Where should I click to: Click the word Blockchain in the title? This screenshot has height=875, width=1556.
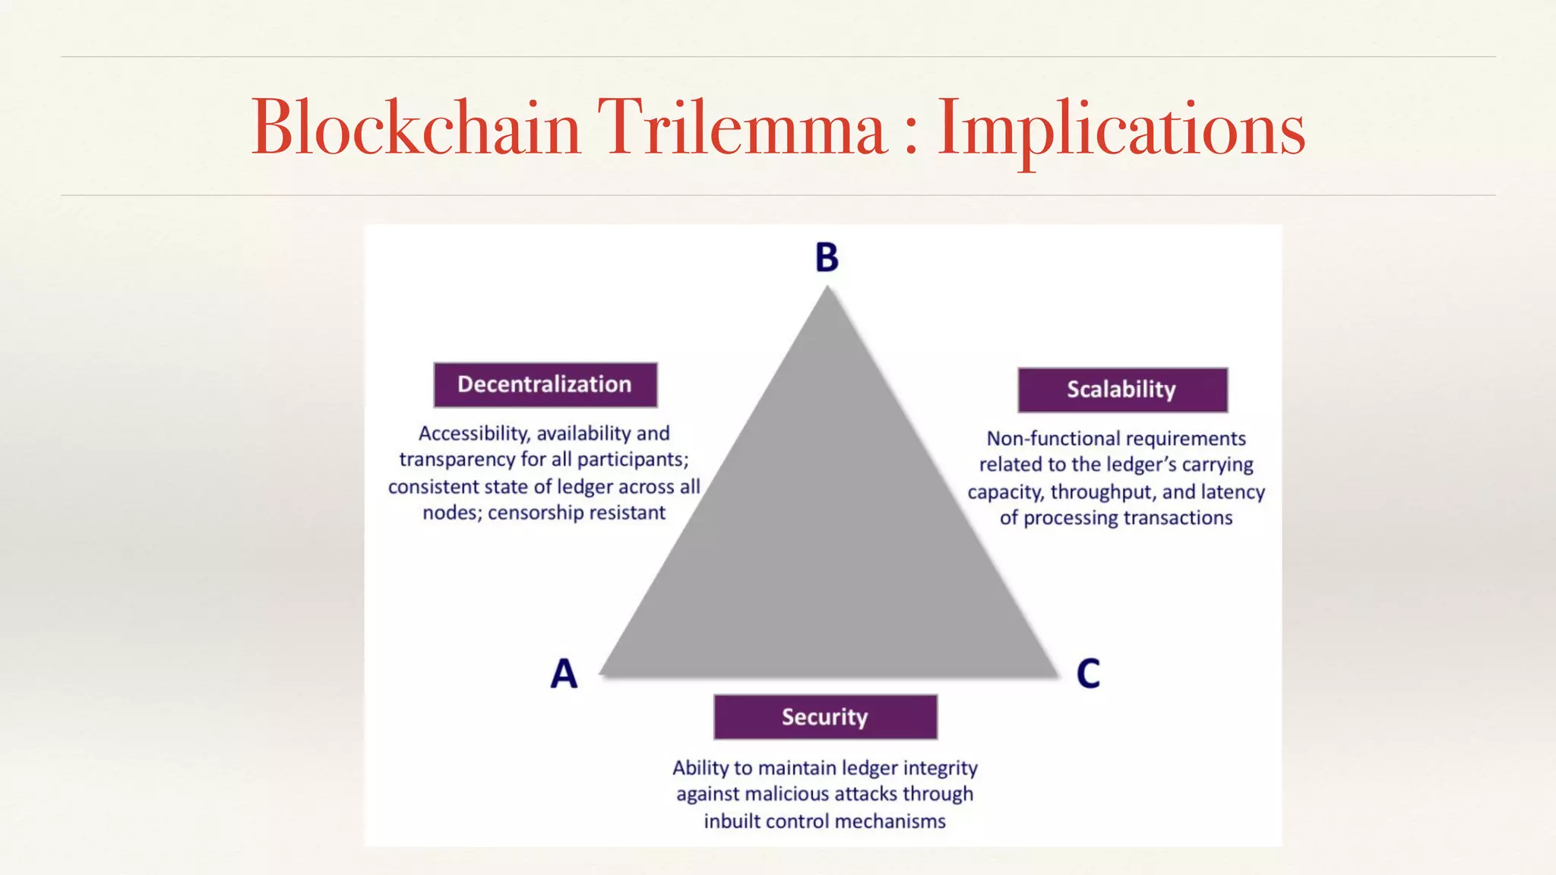point(416,127)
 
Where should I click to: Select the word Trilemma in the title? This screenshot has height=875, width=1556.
point(742,127)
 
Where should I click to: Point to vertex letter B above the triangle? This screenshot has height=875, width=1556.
point(827,257)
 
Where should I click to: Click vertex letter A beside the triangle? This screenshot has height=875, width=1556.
point(564,674)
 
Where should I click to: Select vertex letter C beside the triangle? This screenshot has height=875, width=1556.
point(1088,674)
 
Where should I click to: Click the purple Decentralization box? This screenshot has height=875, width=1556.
point(545,384)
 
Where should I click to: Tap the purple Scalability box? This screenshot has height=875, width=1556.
point(1122,390)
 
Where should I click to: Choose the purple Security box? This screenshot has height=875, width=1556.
point(825,717)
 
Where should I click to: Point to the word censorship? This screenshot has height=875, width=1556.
point(535,513)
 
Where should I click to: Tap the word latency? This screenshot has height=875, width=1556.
point(1232,492)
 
